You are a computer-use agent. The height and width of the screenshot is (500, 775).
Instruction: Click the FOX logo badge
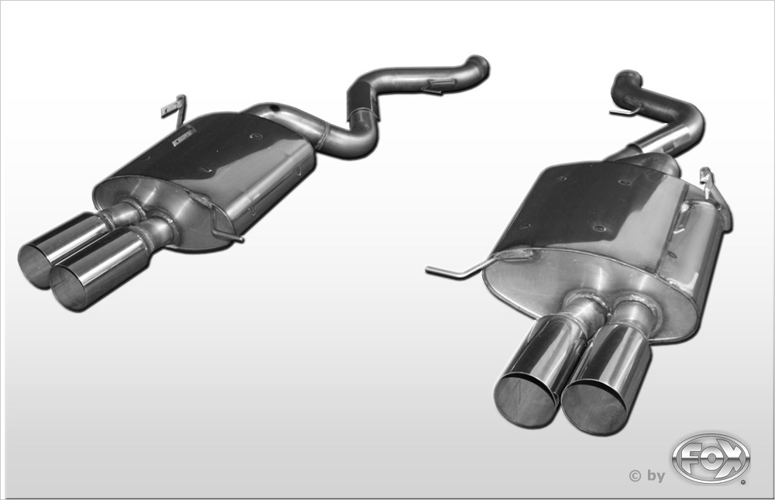point(711,458)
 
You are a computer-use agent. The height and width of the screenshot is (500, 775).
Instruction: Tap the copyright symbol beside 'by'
point(635,476)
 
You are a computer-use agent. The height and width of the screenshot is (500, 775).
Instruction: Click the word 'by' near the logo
point(656,476)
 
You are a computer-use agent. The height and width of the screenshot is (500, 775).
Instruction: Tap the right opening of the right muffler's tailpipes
point(594,407)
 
